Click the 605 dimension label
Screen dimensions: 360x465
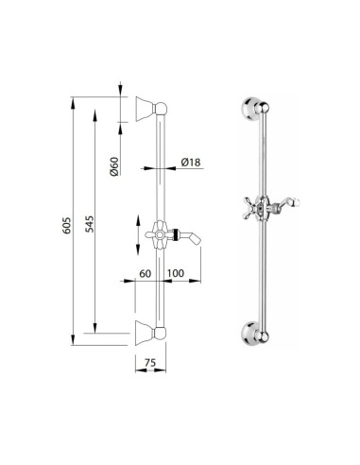coord(67,225)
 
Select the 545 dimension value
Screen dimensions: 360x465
coord(90,224)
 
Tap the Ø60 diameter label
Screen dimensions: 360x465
coord(114,166)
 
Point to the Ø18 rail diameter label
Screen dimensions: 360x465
coord(191,163)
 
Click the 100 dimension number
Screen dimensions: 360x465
coord(175,273)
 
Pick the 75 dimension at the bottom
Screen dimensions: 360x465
coord(150,363)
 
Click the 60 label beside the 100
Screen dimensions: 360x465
coord(145,273)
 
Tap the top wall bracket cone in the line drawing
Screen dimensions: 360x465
coord(145,109)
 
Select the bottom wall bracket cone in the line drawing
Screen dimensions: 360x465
coord(145,333)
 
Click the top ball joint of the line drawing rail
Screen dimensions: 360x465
coord(162,109)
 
